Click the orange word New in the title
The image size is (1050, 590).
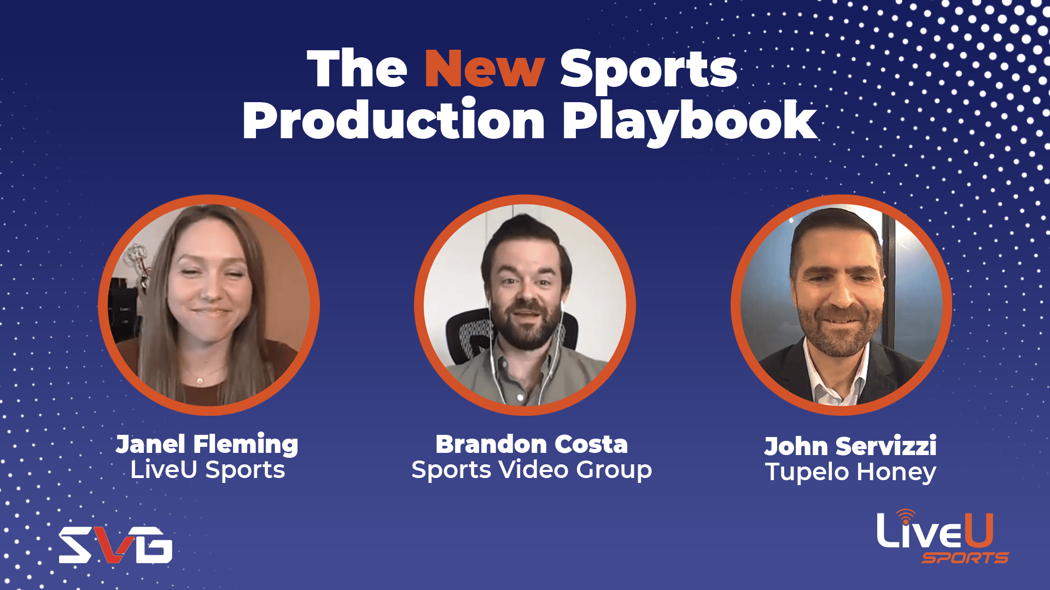click(x=485, y=69)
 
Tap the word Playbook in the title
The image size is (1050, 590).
click(x=690, y=121)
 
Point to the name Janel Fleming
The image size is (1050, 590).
click(x=207, y=445)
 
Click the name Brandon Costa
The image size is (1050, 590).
click(x=532, y=444)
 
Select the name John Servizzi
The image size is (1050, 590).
click(x=850, y=446)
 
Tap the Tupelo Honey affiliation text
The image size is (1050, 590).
click(x=850, y=472)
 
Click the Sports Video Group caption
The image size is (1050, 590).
click(x=532, y=470)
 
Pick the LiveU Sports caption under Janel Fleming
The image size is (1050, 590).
click(x=208, y=470)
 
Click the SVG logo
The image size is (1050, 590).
click(x=116, y=545)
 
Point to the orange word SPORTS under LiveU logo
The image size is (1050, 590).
click(x=965, y=558)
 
